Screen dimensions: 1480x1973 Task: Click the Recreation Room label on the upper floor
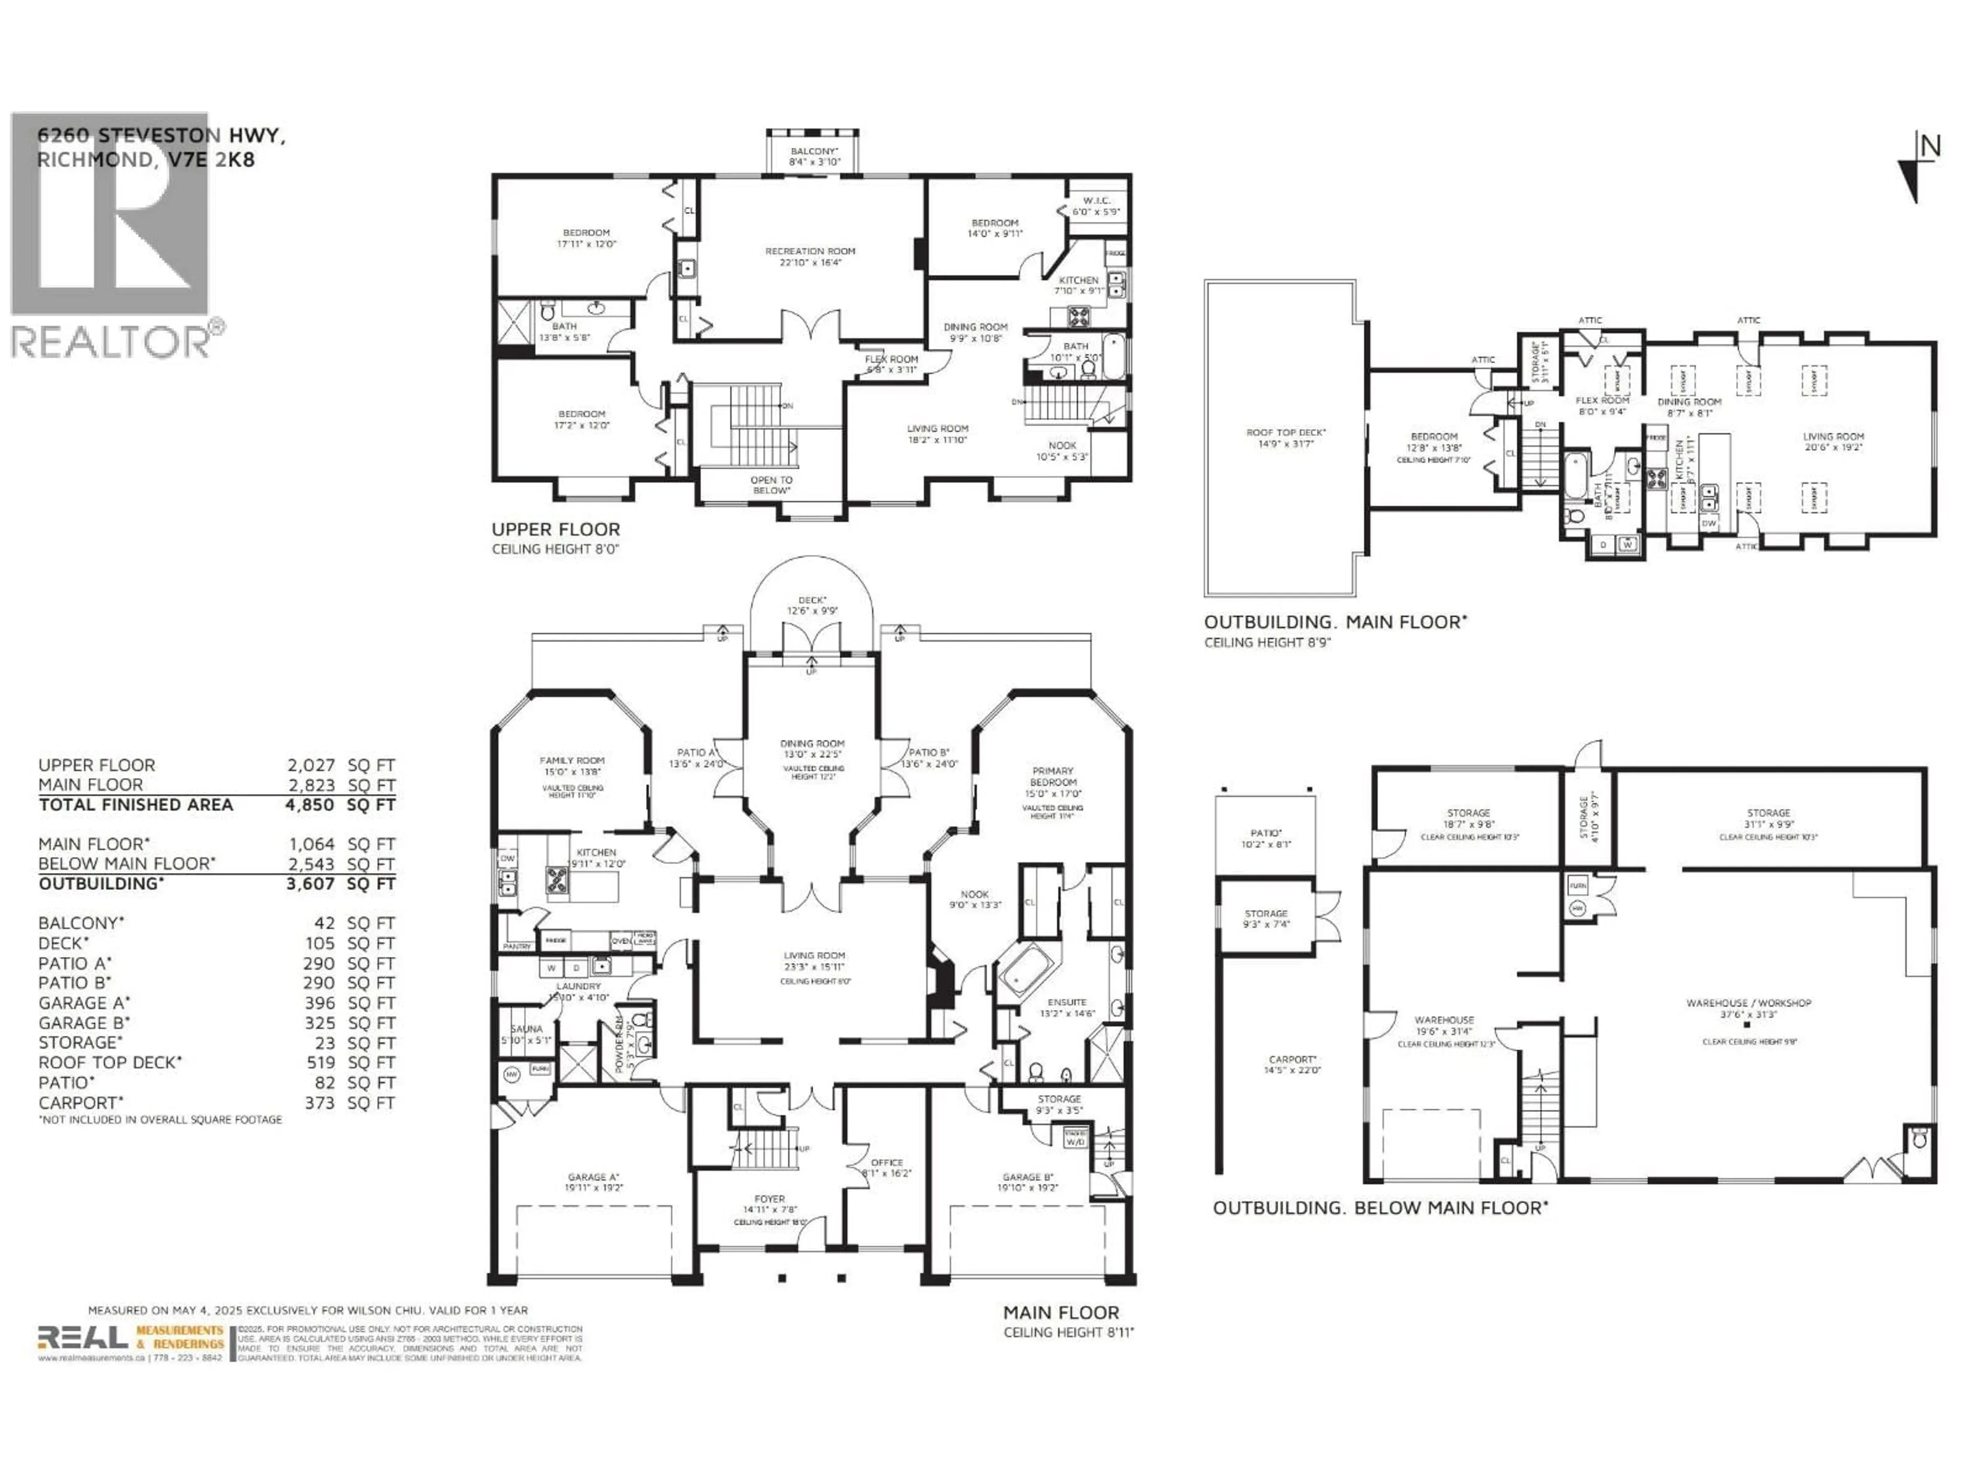coord(809,252)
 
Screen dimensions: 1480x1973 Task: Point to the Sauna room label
coord(526,1029)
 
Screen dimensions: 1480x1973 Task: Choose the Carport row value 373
coord(319,1103)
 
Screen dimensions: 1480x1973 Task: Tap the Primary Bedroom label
coord(1052,776)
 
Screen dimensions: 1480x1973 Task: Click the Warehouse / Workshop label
coord(1748,1003)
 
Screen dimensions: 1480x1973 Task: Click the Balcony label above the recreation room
coord(812,152)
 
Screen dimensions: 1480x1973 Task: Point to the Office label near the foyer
coord(887,1162)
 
